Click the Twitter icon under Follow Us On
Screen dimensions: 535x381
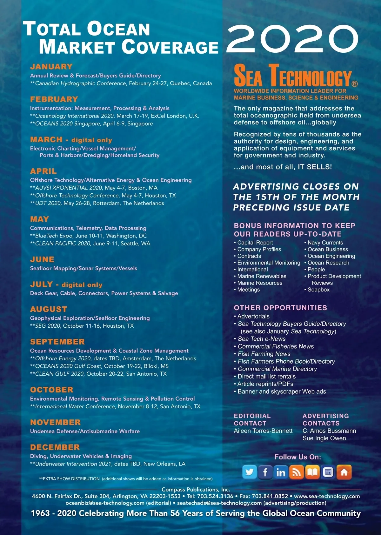pos(250,472)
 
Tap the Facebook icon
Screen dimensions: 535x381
pos(265,472)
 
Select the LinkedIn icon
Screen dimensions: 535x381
pos(281,472)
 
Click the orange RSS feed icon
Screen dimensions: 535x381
pos(296,472)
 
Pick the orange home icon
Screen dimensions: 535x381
pos(344,472)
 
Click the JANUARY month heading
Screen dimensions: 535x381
pos(51,67)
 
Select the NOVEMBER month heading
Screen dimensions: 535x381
pos(56,422)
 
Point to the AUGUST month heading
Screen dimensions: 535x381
pos(49,309)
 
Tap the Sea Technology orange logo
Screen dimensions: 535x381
pos(293,76)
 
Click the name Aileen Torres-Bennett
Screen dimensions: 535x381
pos(263,431)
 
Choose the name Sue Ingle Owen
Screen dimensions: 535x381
pos(324,438)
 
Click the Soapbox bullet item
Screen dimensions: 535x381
pos(318,290)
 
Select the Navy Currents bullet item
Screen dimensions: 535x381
pos(325,243)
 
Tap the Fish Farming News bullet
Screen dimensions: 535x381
pos(264,354)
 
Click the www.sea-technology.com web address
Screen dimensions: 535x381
pos(327,496)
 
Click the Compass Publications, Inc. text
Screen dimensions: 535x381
pos(196,490)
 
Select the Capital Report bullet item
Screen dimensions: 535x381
pos(255,243)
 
